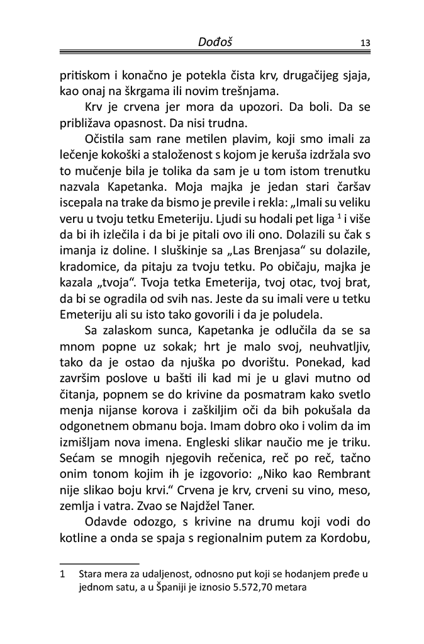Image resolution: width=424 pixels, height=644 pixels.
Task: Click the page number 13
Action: point(364,43)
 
